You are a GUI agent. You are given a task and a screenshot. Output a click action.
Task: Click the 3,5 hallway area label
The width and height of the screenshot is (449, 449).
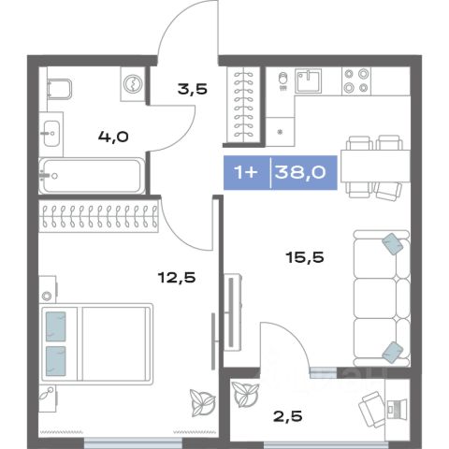(193, 90)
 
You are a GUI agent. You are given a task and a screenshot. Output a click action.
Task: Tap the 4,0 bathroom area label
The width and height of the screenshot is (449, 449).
(113, 137)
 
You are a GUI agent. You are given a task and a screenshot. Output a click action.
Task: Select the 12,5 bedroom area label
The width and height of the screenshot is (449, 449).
(177, 277)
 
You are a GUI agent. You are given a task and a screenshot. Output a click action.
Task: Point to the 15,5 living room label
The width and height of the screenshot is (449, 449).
(305, 257)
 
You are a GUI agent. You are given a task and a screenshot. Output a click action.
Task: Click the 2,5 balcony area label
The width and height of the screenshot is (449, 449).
(287, 416)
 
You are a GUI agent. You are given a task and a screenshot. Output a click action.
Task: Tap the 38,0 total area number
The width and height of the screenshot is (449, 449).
(300, 172)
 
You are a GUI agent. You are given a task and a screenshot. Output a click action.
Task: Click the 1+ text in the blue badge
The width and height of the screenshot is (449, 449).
(246, 172)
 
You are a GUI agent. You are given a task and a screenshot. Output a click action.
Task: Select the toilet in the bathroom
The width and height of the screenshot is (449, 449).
(60, 89)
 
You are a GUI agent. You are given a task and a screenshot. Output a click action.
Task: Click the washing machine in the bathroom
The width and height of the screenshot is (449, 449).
(133, 84)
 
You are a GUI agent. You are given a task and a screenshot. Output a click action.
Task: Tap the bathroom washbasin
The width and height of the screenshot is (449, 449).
(51, 134)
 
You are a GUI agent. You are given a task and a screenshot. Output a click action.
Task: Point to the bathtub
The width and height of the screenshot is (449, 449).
(92, 176)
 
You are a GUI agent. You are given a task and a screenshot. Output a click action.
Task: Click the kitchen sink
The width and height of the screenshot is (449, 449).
(309, 81)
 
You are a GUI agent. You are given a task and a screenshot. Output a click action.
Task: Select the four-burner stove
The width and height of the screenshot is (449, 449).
(356, 81)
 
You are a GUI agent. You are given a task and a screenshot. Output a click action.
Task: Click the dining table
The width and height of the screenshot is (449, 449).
(375, 166)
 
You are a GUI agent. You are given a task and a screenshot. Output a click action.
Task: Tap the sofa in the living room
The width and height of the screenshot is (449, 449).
(382, 298)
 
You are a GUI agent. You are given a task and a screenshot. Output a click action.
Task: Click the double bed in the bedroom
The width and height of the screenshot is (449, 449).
(97, 343)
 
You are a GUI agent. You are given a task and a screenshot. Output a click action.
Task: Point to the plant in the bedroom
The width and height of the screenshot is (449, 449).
(203, 403)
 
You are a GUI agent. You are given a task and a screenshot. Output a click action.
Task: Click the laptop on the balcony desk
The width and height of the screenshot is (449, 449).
(397, 409)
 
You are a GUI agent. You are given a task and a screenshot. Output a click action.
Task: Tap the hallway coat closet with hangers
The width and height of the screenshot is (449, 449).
(244, 107)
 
